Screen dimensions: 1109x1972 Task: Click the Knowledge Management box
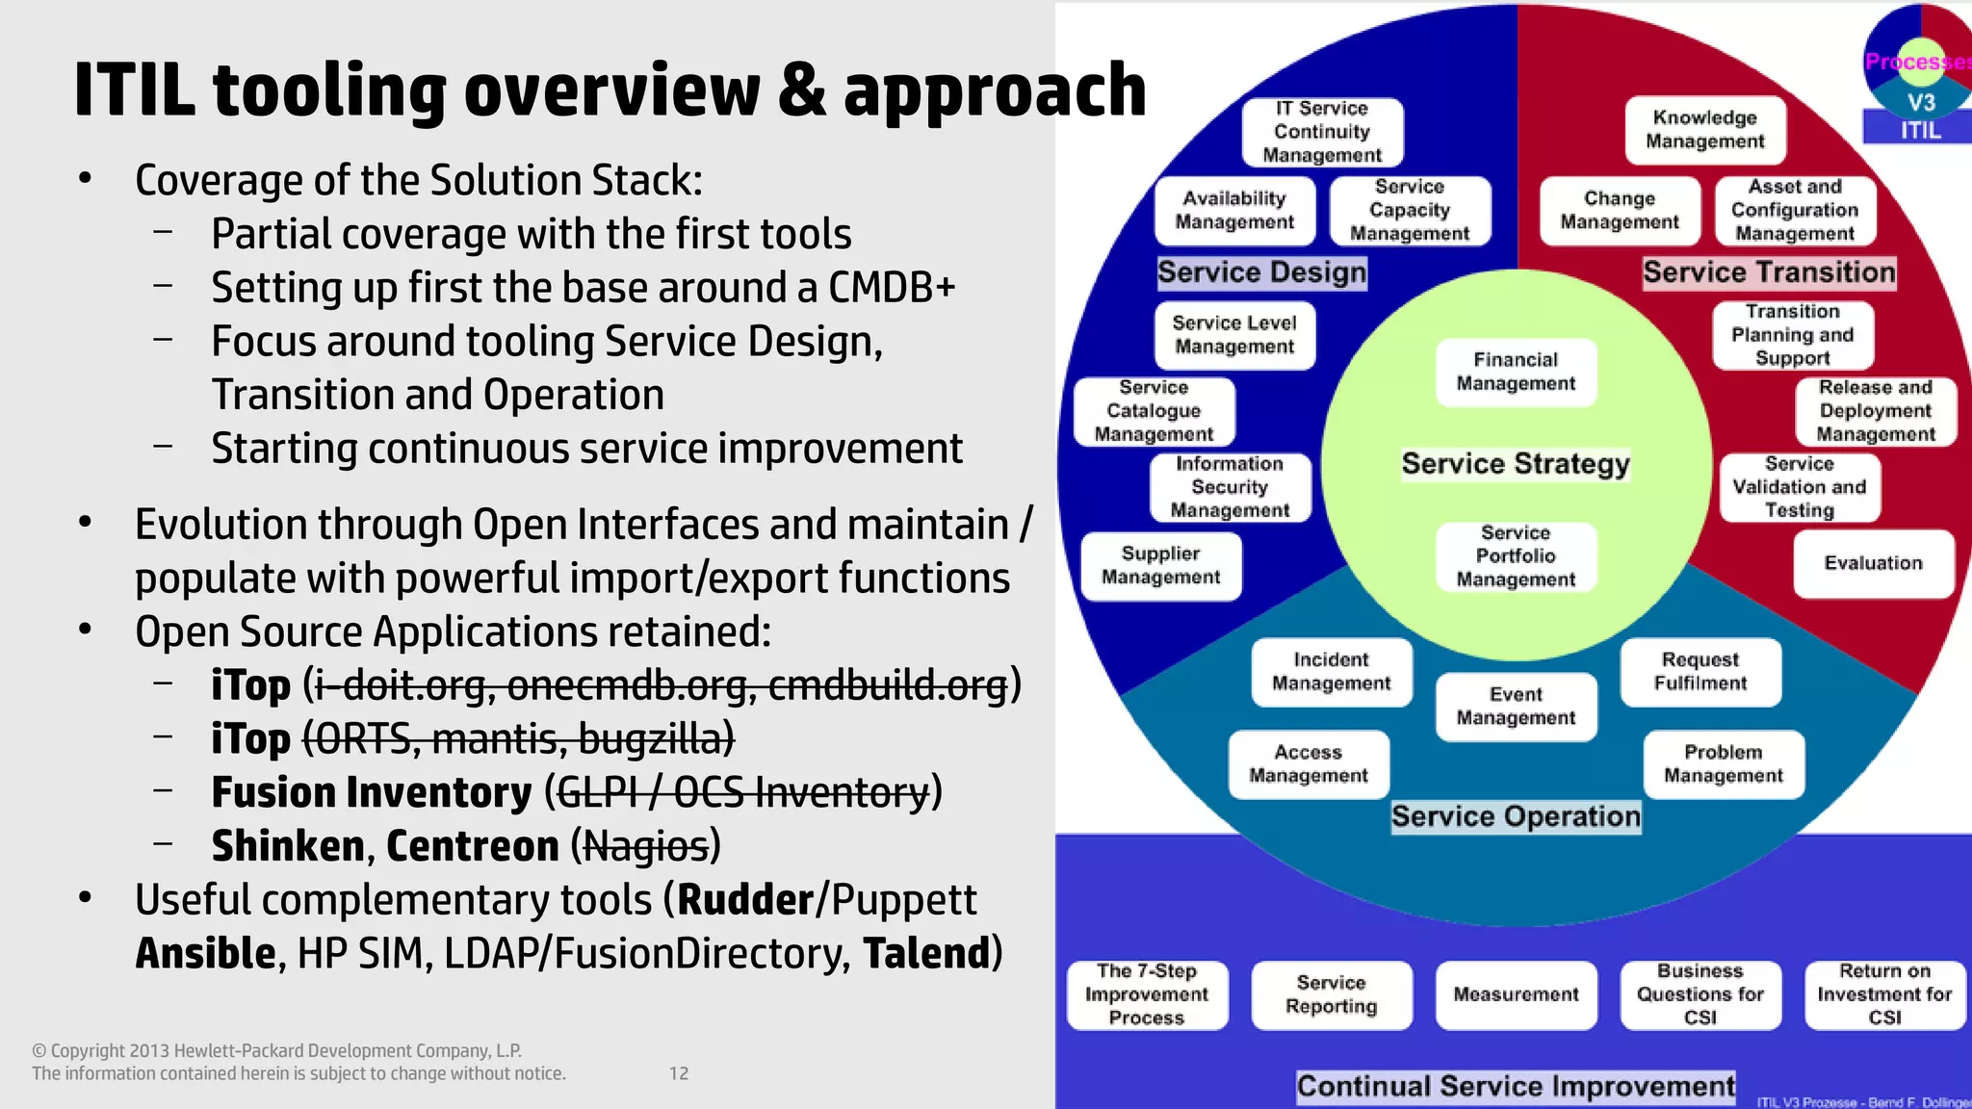[1704, 130]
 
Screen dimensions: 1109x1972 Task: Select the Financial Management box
[1516, 372]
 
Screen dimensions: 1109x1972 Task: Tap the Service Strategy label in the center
[1516, 464]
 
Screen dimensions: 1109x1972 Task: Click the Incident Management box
[1331, 672]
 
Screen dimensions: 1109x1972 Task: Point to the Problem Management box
[1723, 764]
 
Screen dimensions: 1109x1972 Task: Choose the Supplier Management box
[1160, 566]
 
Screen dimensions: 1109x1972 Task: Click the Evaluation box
[1873, 563]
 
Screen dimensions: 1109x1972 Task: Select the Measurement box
[1516, 994]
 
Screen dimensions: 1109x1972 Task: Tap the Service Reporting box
[1331, 994]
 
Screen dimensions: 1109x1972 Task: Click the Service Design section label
[1261, 272]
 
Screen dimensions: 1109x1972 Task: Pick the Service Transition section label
[1769, 272]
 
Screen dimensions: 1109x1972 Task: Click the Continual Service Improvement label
[1516, 1087]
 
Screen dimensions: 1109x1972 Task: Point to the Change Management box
[1619, 211]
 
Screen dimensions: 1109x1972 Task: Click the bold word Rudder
[746, 900]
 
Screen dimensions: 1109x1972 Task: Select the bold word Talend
[926, 954]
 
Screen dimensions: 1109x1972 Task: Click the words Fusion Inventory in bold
[371, 793]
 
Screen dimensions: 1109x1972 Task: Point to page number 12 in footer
[679, 1073]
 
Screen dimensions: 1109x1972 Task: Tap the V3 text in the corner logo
[1921, 102]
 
